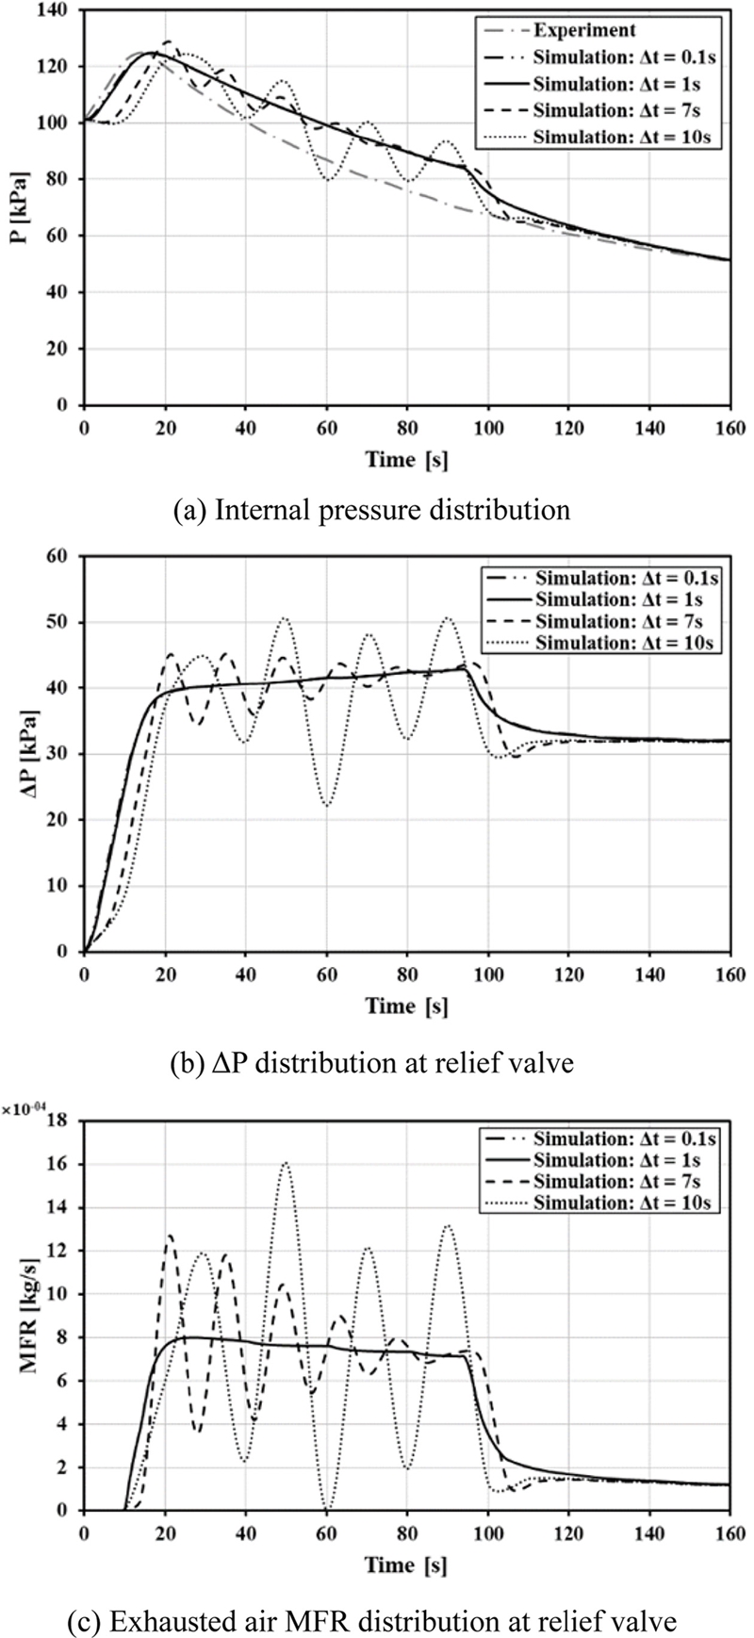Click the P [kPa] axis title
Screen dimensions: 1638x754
(20, 207)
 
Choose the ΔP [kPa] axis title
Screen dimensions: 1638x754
(20, 753)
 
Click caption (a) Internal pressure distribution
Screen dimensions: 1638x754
(371, 510)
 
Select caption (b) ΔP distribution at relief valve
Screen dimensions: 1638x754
(371, 1062)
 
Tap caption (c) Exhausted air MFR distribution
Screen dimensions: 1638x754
(371, 1621)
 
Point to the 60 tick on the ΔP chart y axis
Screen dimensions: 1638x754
(61, 556)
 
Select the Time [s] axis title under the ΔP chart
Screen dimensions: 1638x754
(407, 1007)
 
